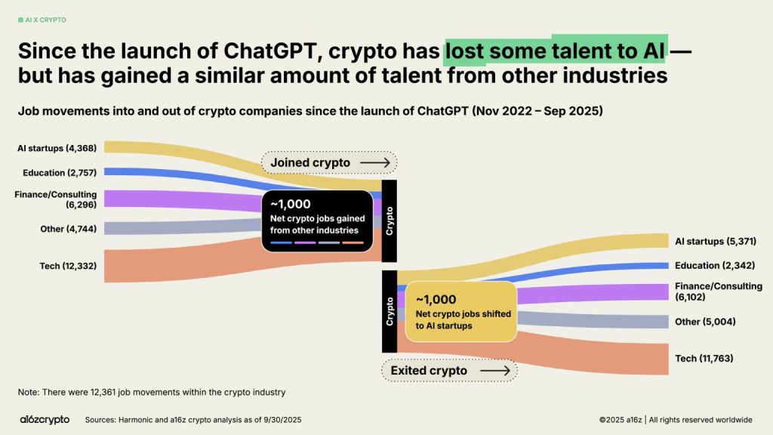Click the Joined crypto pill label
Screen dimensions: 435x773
pos(310,162)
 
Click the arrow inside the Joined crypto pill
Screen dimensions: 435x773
pos(374,162)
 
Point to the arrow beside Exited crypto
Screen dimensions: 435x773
pos(495,370)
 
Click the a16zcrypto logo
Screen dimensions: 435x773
pos(45,419)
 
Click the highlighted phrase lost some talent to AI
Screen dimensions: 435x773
pos(556,51)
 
